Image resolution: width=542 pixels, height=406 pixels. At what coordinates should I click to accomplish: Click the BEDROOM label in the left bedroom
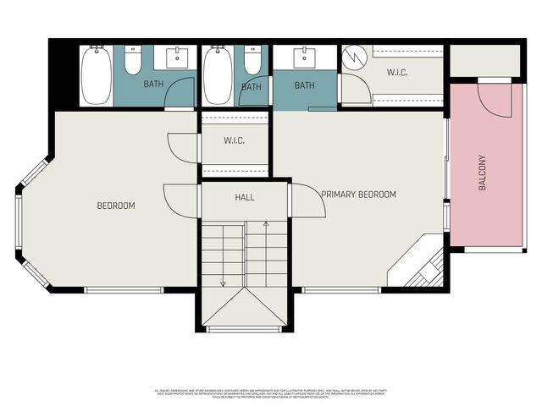(116, 206)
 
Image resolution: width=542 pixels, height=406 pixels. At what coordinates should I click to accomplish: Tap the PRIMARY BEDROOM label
(358, 195)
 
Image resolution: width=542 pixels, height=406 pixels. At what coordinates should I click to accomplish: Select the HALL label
(244, 198)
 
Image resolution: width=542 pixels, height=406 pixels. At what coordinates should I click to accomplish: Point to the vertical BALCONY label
(482, 172)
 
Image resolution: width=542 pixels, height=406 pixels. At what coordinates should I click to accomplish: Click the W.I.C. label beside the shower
(397, 73)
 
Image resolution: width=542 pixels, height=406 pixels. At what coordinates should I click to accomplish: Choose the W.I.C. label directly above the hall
(235, 140)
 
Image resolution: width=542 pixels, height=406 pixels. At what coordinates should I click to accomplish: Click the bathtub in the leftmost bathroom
(96, 76)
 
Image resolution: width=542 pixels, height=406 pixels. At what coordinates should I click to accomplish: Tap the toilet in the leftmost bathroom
(133, 62)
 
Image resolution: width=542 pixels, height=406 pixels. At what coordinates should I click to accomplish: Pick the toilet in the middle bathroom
(252, 62)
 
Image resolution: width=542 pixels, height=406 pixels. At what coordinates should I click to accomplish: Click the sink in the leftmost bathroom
(177, 58)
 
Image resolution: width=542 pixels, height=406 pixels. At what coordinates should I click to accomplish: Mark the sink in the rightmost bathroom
(305, 58)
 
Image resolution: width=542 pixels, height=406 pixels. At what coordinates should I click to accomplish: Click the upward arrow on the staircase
(266, 225)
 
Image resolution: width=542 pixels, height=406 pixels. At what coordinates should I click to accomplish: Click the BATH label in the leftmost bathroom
(153, 84)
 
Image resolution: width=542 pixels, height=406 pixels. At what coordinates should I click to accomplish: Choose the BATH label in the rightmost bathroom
(305, 85)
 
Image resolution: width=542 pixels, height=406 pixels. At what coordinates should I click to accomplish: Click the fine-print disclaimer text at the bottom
(271, 393)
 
